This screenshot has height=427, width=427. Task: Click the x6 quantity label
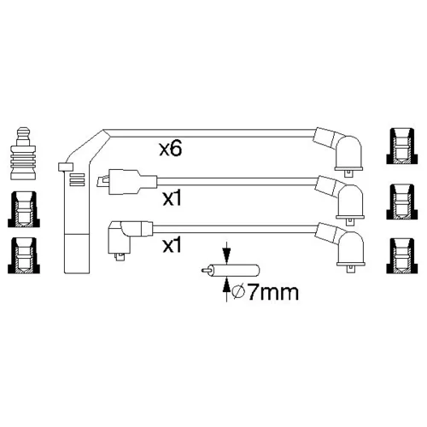coord(170,149)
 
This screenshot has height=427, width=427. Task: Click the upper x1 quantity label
coord(172,198)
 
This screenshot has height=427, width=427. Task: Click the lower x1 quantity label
coord(172,245)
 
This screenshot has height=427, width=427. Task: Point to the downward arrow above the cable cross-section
coord(226,253)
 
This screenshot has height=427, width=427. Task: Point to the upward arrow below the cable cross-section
coord(226,289)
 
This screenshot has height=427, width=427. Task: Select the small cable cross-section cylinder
coord(231,271)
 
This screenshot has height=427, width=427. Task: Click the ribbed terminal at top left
coord(23,153)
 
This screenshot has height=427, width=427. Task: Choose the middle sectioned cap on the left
coord(24,209)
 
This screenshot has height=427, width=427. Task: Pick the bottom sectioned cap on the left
coord(24,255)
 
